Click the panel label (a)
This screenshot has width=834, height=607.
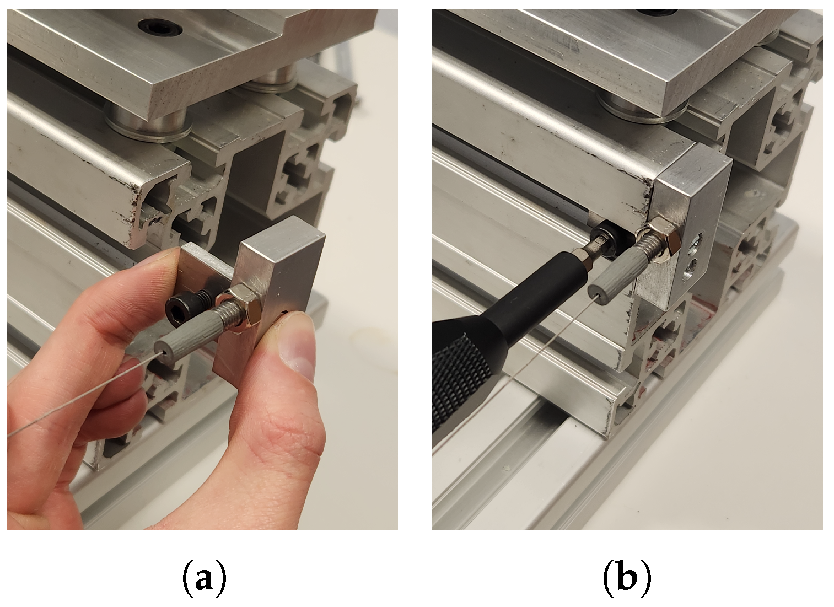[x=204, y=578]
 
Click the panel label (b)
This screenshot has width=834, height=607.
[x=627, y=578]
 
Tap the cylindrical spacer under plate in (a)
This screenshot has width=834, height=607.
[x=148, y=125]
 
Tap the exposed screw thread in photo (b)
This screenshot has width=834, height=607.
[x=647, y=253]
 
